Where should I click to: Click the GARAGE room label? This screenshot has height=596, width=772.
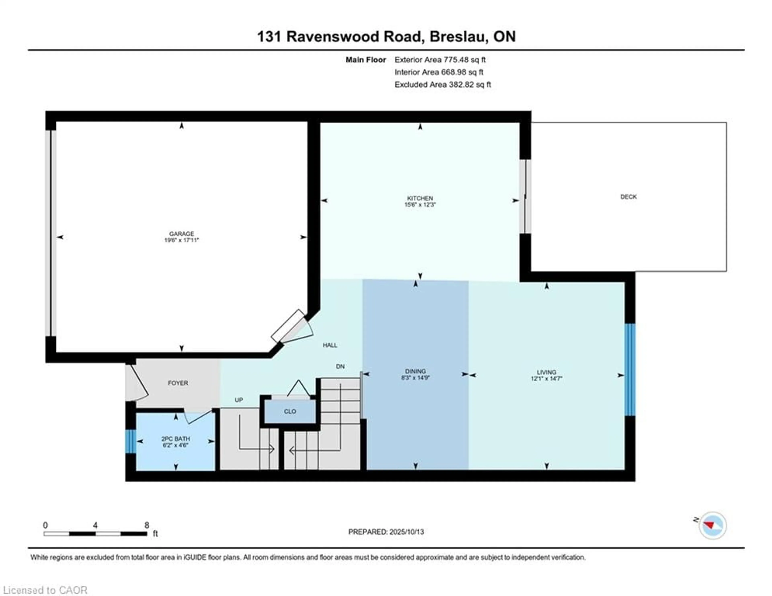coord(181,234)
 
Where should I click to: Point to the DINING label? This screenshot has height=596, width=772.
coord(415,371)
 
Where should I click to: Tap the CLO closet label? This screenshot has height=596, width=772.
coord(290,411)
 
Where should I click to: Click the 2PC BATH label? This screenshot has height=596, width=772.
coord(176,439)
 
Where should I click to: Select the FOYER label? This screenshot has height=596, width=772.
coord(178,383)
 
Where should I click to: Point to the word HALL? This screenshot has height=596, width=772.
coord(330,345)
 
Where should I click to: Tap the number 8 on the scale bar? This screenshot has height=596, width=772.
coord(147,525)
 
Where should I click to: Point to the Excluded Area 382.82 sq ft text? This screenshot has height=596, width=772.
coord(442,84)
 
